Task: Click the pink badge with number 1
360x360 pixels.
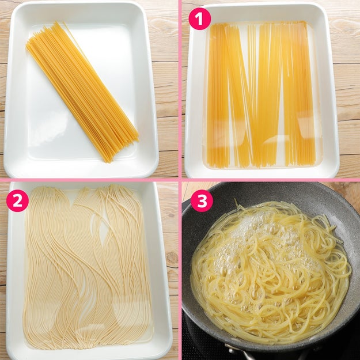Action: click(199, 18)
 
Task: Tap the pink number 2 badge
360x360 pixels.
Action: click(17, 200)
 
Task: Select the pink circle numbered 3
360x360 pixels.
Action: click(202, 200)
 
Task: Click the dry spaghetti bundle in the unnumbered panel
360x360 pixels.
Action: click(82, 92)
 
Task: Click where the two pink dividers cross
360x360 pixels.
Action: click(180, 180)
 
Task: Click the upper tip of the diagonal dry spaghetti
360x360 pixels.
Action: click(55, 22)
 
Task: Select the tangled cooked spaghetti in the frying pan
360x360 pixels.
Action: click(271, 271)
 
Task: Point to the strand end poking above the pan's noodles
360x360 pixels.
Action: click(236, 202)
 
